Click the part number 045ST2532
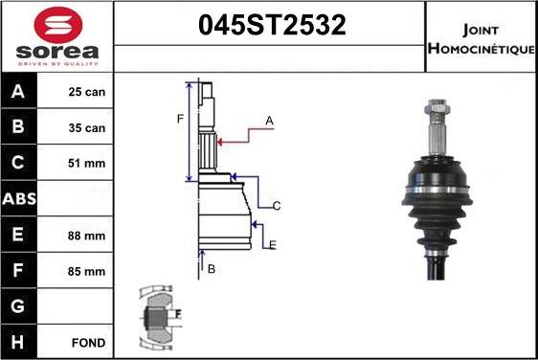(x=272, y=25)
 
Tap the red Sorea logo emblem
(x=58, y=26)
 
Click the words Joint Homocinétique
(x=482, y=39)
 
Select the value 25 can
(x=87, y=92)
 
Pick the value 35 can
(x=87, y=128)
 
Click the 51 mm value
(x=86, y=164)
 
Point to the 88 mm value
(x=86, y=236)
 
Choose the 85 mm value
(x=86, y=272)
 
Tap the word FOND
(x=88, y=343)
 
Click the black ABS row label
(x=19, y=199)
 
